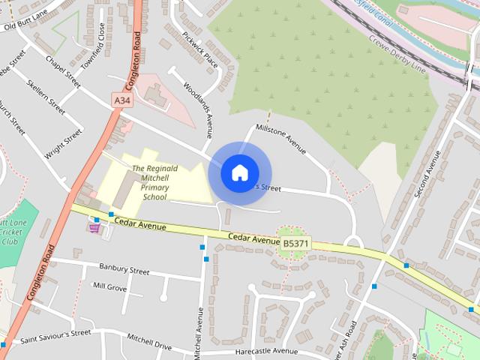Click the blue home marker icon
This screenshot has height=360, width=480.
tap(239, 172)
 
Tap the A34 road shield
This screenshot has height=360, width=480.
tap(121, 99)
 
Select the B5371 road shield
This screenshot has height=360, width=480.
tap(295, 243)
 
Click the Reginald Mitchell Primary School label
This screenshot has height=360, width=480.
tap(154, 183)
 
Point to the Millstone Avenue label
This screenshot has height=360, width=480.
tap(281, 139)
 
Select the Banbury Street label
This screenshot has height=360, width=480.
tap(124, 268)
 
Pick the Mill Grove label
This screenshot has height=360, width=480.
tap(109, 286)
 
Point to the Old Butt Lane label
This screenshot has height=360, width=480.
tap(27, 26)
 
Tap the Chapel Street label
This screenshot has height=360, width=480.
tap(63, 69)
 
